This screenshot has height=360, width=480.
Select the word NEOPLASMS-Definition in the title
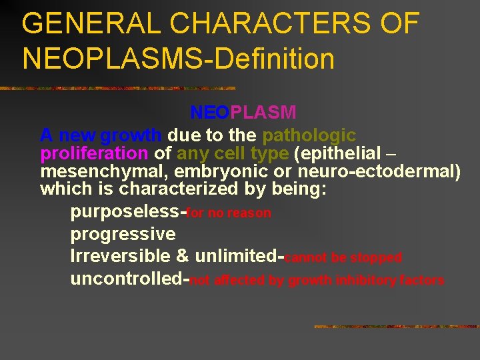(178, 58)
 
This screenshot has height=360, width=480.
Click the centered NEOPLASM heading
(243, 112)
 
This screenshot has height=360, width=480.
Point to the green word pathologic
(309, 135)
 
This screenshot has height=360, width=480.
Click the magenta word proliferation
(94, 153)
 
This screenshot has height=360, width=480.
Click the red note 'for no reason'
(229, 213)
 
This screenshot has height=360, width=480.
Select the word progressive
(123, 234)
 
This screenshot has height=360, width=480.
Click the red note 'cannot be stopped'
(344, 257)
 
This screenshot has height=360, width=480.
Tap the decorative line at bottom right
(396, 327)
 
